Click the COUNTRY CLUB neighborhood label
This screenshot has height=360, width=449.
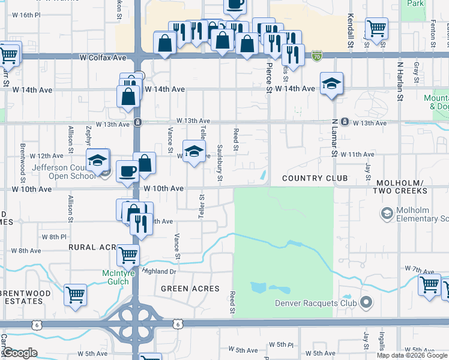click(x=315, y=178)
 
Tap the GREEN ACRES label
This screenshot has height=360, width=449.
click(x=190, y=289)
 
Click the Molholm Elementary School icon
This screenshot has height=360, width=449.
click(x=387, y=213)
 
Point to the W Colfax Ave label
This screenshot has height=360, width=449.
click(x=103, y=58)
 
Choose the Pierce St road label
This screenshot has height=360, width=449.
click(x=269, y=76)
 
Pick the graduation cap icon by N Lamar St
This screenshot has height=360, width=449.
click(x=331, y=85)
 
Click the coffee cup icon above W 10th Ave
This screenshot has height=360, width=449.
click(x=127, y=171)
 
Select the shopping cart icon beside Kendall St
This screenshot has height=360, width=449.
click(x=376, y=28)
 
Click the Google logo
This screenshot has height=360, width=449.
click(x=20, y=353)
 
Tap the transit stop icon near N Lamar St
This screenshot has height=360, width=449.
click(x=344, y=122)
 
